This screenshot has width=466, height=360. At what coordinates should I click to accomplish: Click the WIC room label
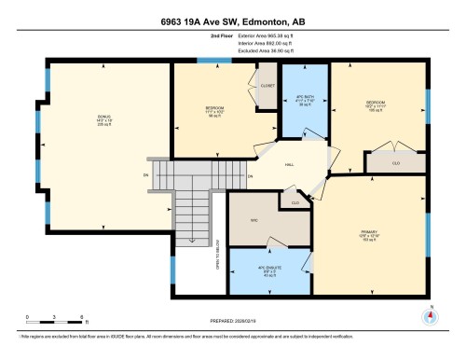tap(252, 221)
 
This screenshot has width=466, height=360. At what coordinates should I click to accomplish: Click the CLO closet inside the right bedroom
tap(395, 161)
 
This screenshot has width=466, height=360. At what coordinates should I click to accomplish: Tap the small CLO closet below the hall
tap(295, 201)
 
